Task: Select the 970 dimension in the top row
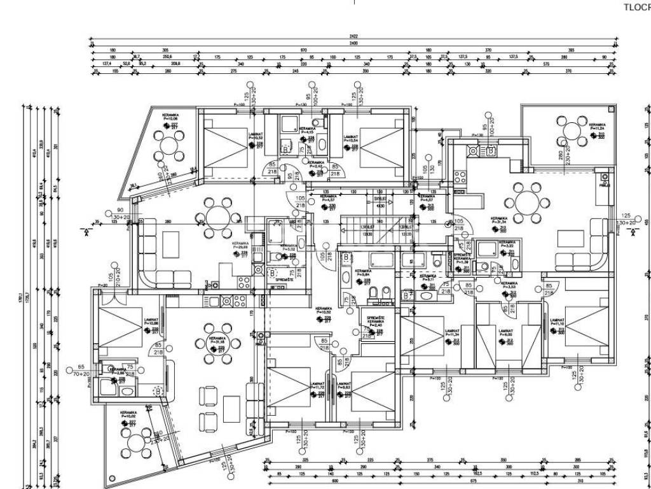pos(304,50)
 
